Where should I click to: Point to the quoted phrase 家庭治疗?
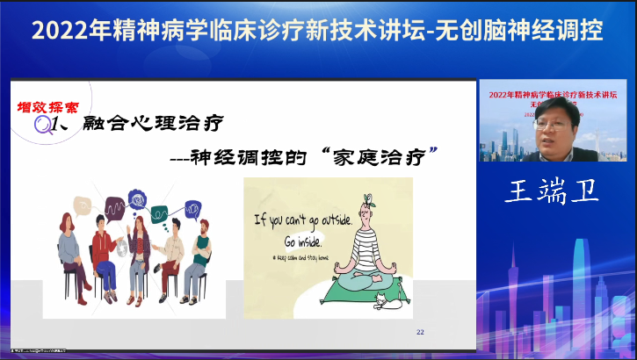[x=380, y=158]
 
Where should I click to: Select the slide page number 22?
[x=420, y=331]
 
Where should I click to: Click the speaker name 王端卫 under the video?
[x=552, y=191]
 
